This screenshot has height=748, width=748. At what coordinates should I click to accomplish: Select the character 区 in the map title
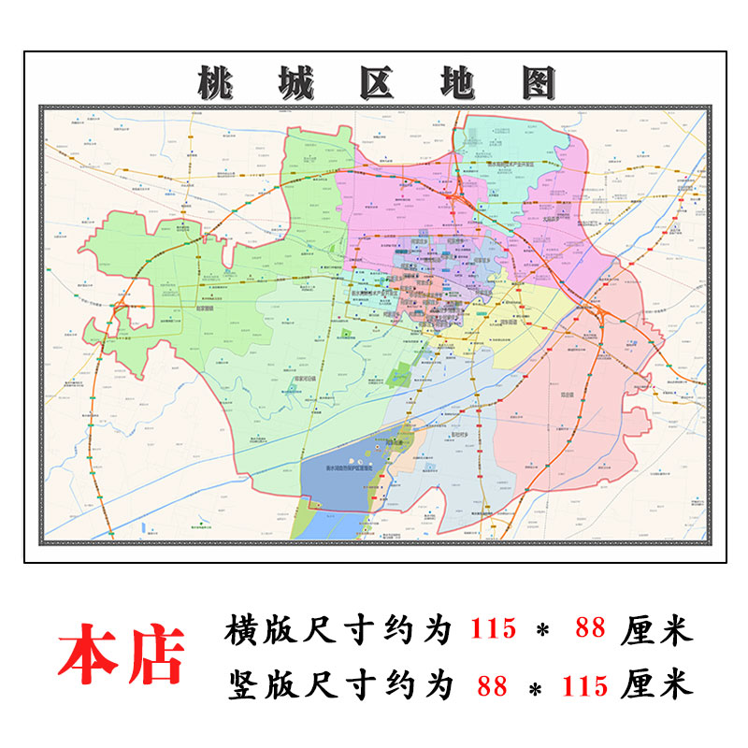click(x=375, y=83)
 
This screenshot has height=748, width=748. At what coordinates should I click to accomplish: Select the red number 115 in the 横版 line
click(x=493, y=630)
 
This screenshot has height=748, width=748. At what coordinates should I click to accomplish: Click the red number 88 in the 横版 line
click(x=591, y=630)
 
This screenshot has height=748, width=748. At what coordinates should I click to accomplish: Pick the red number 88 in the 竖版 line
click(x=492, y=686)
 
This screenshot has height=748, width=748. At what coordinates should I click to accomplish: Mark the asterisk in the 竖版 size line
click(x=539, y=688)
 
